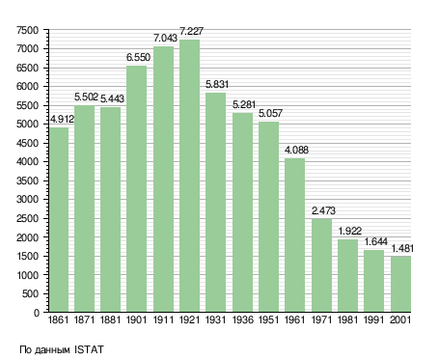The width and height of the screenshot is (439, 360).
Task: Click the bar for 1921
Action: pos(189,176)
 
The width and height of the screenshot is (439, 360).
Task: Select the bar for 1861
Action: pos(59,220)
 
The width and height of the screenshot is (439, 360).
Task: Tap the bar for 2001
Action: pos(401,284)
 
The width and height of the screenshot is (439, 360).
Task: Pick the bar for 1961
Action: pos(294,235)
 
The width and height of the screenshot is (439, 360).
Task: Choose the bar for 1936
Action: pos(242,212)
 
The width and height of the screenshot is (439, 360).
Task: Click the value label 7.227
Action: pos(191,31)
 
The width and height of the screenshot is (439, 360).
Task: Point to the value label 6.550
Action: pos(138,57)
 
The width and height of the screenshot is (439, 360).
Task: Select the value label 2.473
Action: pos(323,210)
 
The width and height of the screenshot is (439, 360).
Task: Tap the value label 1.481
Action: pos(402,248)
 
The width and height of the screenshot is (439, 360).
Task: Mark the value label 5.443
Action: pos(112,98)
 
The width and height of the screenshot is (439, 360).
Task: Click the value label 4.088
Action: pos(296,150)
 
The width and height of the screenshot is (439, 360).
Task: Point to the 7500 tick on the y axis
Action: pos(27,30)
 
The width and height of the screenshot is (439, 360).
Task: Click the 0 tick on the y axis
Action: pos(37,313)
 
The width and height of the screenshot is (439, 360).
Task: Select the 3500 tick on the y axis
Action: pos(27,180)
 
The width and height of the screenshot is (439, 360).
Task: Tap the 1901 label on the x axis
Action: pos(136,319)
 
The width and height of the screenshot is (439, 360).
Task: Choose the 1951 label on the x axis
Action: pos(268,319)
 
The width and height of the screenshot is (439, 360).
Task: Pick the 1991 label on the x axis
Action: pos(374,319)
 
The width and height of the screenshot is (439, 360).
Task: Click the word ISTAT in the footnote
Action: pos(89,349)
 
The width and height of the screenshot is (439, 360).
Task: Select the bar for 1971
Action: pos(321,265)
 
